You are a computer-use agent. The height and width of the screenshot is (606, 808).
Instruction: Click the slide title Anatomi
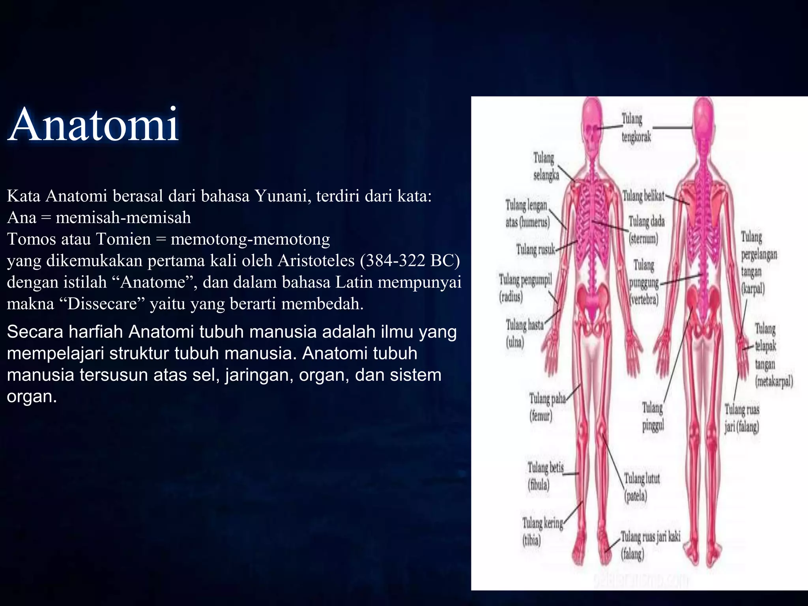point(93,125)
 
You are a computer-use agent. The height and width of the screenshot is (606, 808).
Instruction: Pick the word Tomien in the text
point(123,239)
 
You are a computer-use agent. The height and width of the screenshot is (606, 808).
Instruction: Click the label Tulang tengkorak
point(636,127)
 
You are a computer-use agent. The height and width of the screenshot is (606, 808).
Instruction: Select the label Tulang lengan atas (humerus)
point(527,213)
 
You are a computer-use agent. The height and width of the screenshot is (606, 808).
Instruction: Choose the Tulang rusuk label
point(535,249)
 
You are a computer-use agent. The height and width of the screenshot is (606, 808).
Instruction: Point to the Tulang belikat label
point(643,196)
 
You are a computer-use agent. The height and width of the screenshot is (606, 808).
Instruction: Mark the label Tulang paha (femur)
point(546,407)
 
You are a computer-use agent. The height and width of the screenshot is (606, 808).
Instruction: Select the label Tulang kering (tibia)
point(542,531)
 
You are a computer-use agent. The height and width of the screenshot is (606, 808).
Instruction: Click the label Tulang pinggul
point(653,416)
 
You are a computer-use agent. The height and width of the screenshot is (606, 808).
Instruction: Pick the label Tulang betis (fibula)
point(545,476)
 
